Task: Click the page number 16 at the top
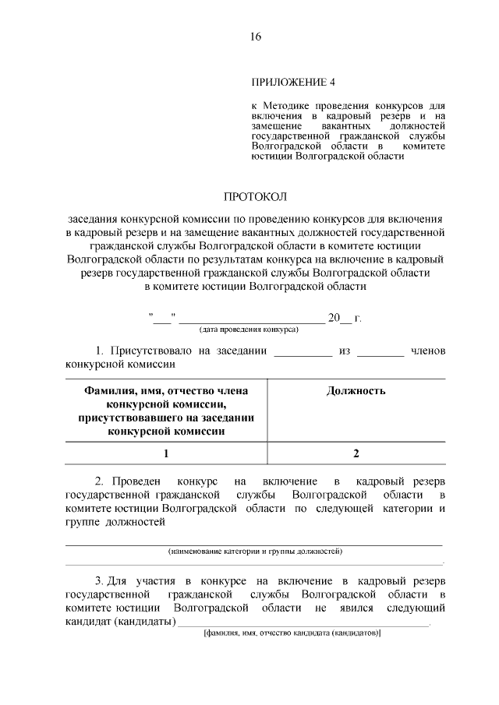[256, 37]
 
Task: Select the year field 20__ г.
[345, 318]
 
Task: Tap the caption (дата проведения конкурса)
[249, 330]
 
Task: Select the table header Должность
[356, 390]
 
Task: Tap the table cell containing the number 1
[166, 453]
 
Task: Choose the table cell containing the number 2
[356, 453]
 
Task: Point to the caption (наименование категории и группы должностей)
[255, 551]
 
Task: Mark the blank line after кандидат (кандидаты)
[304, 623]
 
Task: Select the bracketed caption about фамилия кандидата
[291, 633]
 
